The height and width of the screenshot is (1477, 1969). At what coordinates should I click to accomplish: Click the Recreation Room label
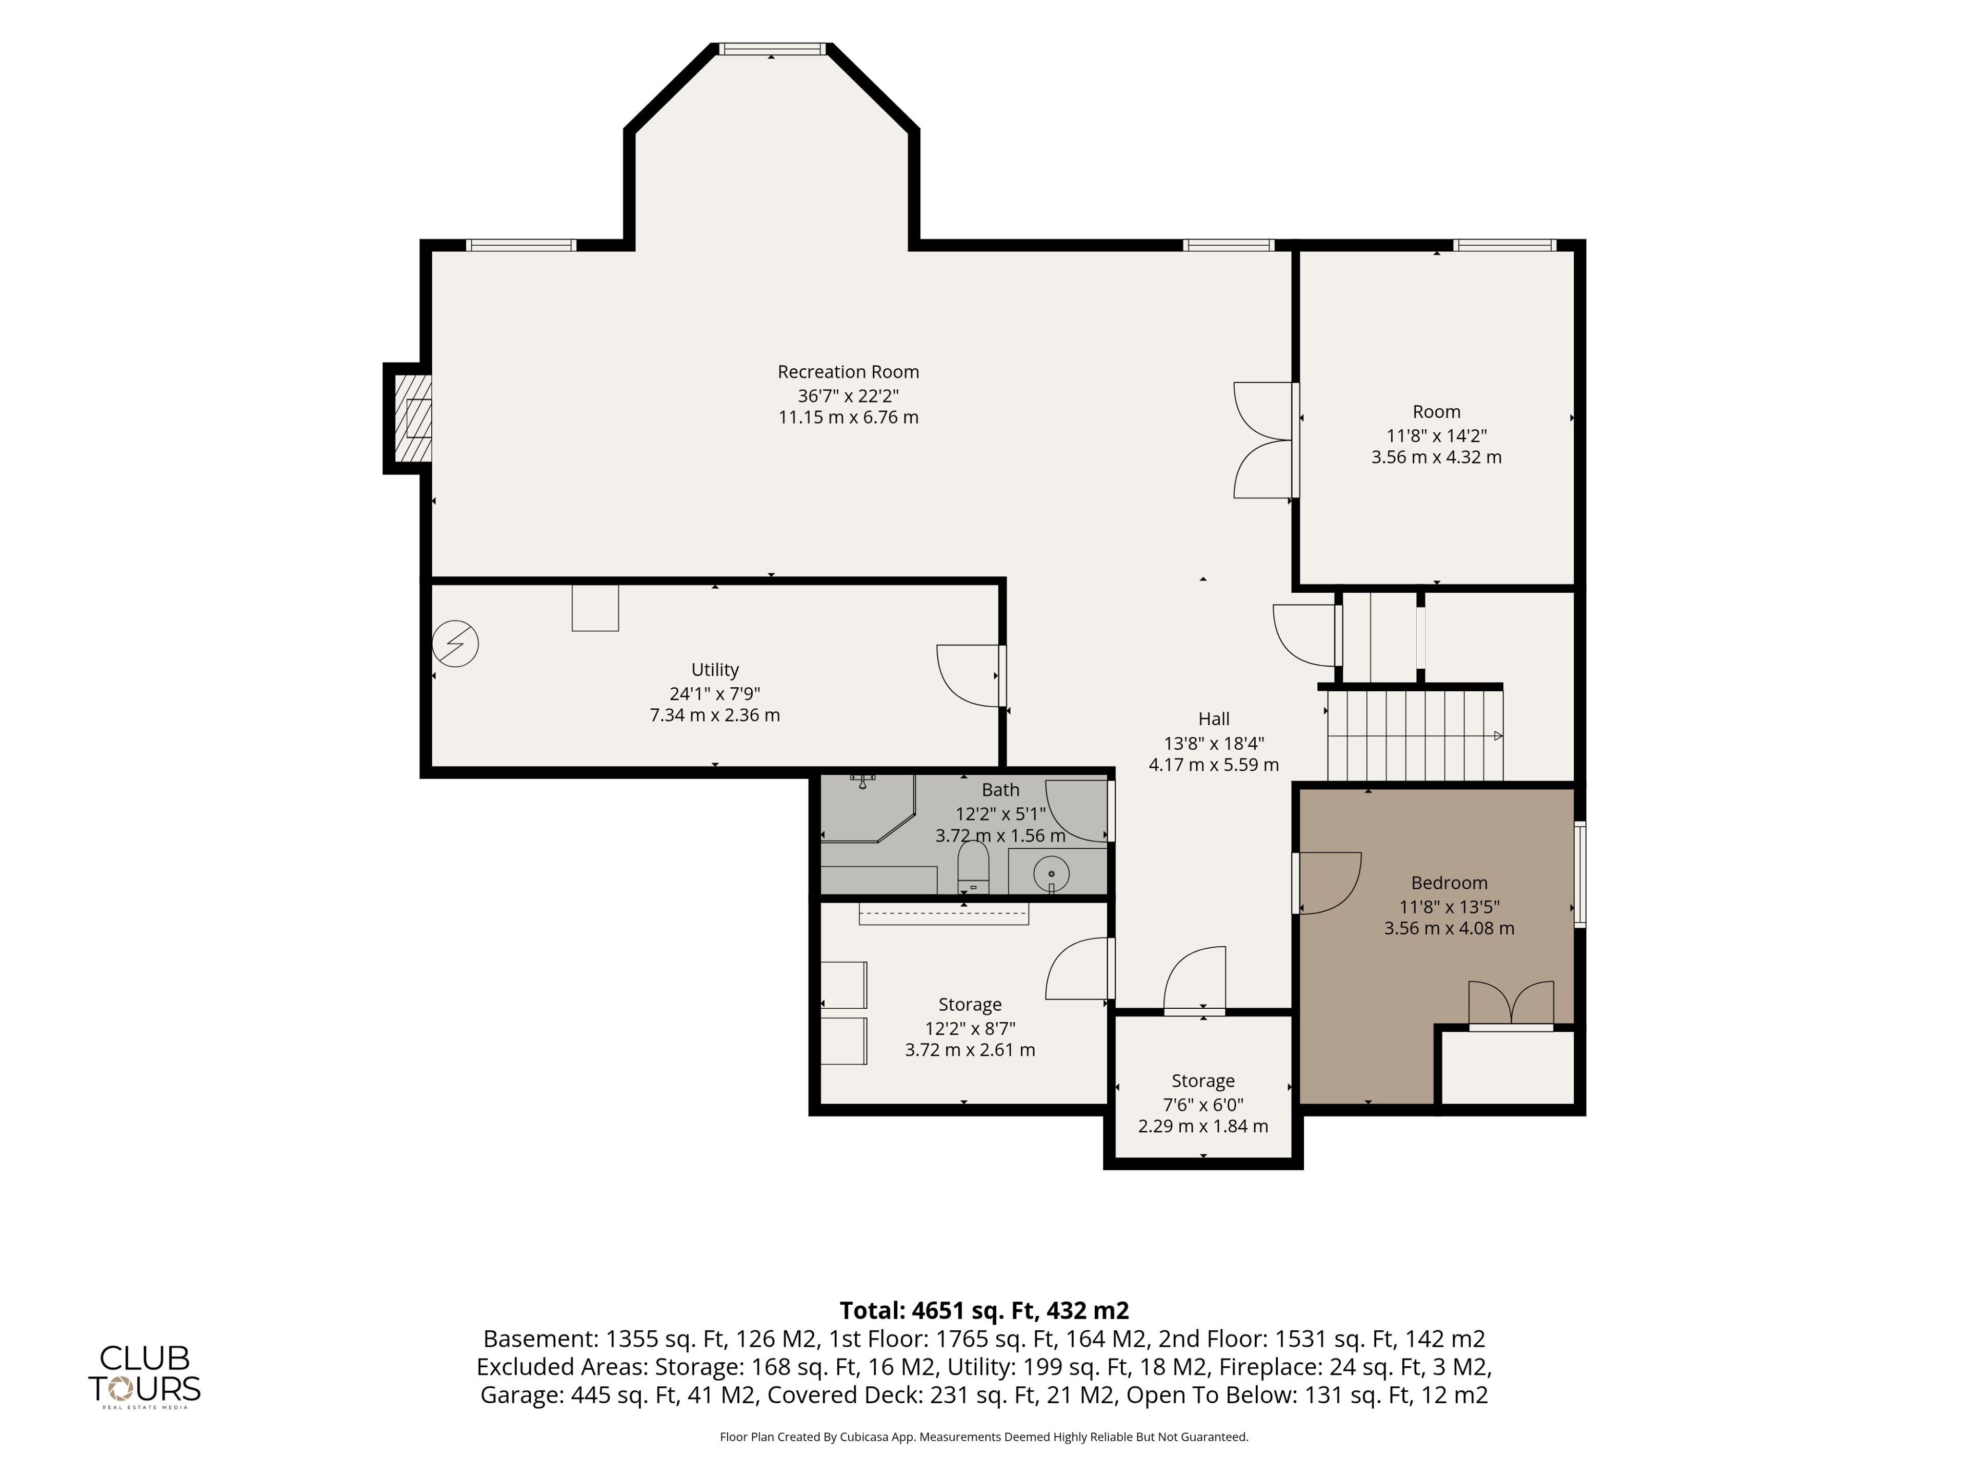tap(848, 372)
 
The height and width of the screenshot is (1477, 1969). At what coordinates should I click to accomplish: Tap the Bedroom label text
tap(1449, 883)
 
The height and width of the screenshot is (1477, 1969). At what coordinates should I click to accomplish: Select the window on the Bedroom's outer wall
tap(1580, 875)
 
